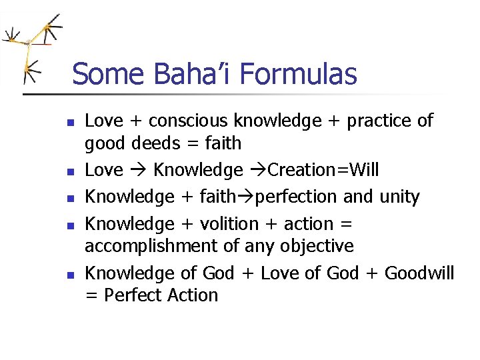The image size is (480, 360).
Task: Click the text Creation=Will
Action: [x=323, y=170]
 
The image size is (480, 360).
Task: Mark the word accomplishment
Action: [x=150, y=246]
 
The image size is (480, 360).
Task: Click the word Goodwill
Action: [x=419, y=273]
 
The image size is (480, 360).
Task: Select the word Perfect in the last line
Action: [x=127, y=295]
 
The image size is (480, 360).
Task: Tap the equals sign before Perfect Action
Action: [x=91, y=295]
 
